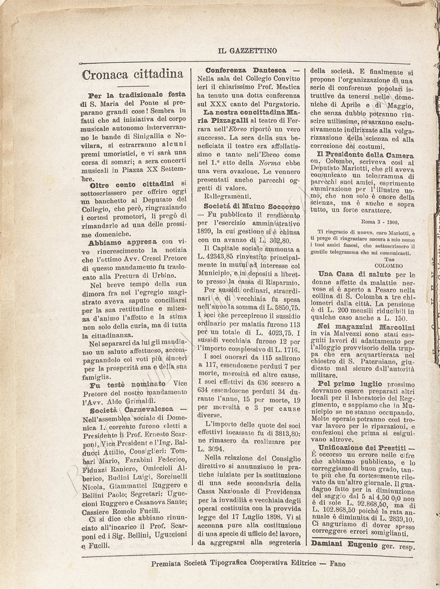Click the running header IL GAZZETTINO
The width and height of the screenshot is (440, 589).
[x=247, y=51]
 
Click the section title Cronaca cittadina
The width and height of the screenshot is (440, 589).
[x=133, y=74]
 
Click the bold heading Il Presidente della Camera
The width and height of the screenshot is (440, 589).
[x=369, y=155]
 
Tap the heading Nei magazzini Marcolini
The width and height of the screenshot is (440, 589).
[x=366, y=326]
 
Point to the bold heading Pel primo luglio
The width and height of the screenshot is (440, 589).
[x=350, y=383]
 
